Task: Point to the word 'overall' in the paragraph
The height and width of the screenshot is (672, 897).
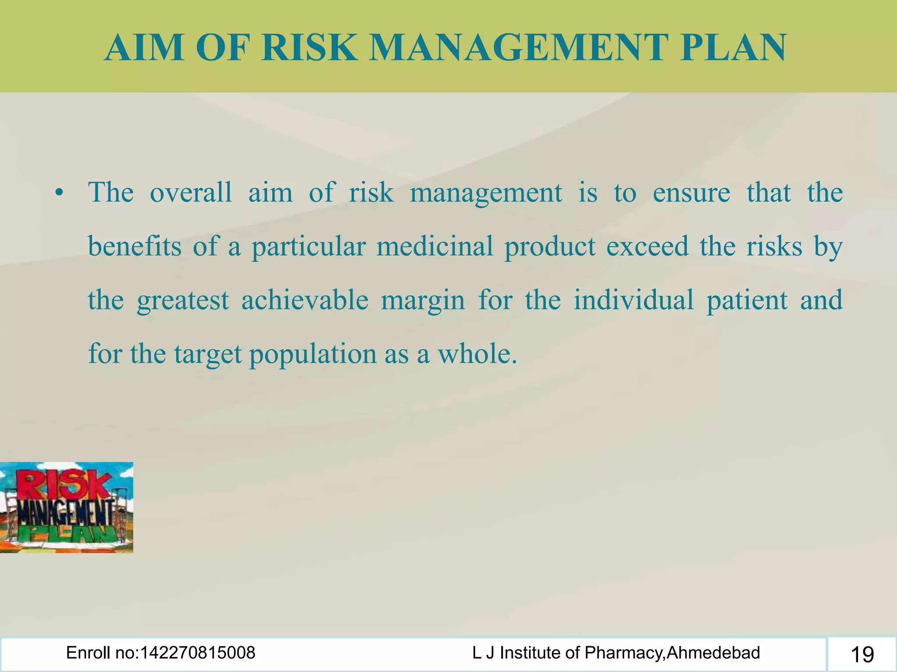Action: (191, 192)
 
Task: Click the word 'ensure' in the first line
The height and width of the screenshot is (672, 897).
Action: (691, 192)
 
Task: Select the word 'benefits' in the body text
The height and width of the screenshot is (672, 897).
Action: (134, 246)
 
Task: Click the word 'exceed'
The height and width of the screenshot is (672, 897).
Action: (647, 246)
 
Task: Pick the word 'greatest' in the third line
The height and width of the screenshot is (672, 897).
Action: (183, 301)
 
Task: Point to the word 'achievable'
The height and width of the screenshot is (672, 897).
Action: (305, 300)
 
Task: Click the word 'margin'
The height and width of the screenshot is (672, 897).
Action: (423, 301)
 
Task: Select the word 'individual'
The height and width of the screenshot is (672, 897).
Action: (634, 300)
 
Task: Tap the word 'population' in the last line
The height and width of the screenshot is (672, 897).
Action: (313, 354)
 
